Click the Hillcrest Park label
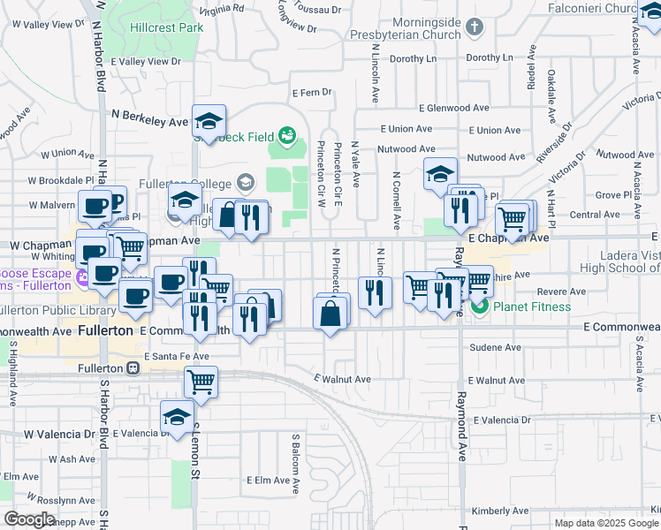[166, 27]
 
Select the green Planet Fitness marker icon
[480, 307]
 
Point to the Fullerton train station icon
[133, 368]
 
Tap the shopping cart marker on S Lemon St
[201, 382]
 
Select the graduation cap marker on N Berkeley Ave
[209, 121]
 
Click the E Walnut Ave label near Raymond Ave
[500, 380]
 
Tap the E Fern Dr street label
[311, 92]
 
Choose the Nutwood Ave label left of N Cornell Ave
[406, 149]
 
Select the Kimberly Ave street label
[500, 511]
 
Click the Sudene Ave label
[492, 349]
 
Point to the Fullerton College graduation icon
[246, 184]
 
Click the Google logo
[30, 519]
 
